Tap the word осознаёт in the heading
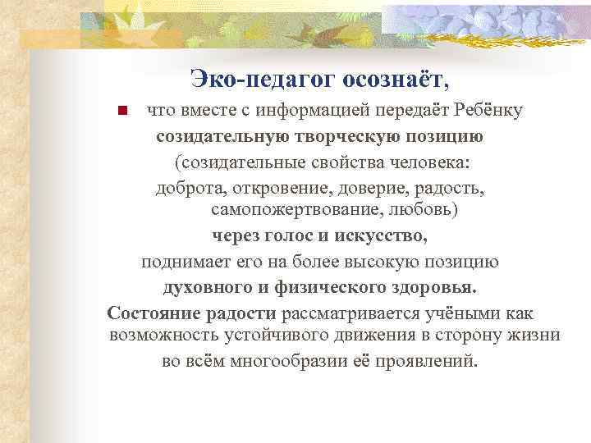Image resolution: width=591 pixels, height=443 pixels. [395, 79]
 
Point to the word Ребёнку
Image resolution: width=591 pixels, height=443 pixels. [490, 110]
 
